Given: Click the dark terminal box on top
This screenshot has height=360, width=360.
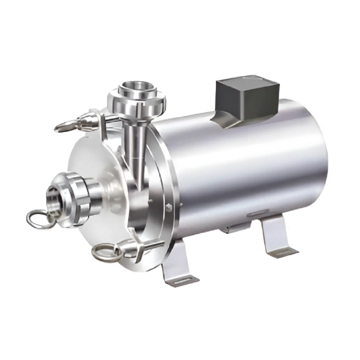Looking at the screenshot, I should (247, 97).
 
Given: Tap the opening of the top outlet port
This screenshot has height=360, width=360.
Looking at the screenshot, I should (136, 89).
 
